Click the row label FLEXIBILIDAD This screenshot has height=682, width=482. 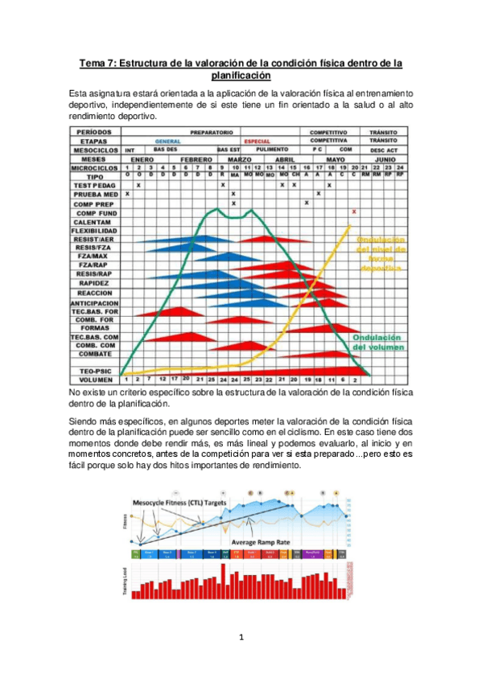(x=95, y=230)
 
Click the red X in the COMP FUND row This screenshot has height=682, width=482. (x=354, y=212)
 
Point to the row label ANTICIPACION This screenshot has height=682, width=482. (x=95, y=303)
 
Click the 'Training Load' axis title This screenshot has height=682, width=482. (x=123, y=581)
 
